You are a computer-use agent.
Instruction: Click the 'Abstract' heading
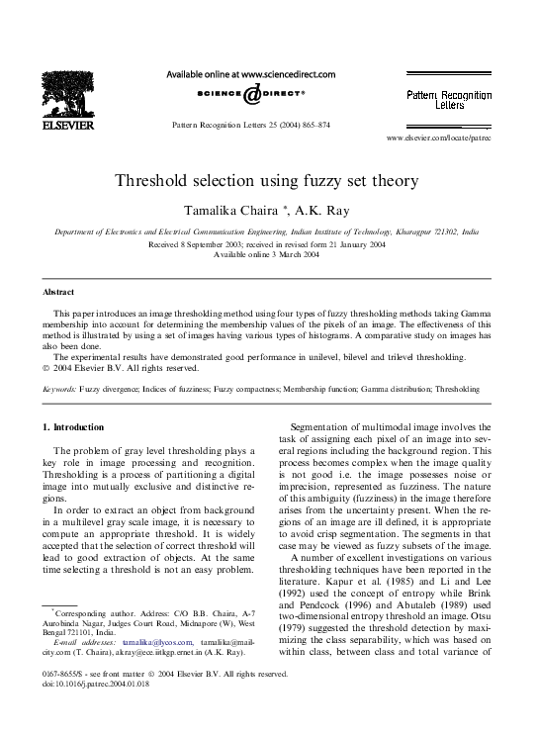(58, 293)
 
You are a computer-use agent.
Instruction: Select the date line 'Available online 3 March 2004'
(267, 254)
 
